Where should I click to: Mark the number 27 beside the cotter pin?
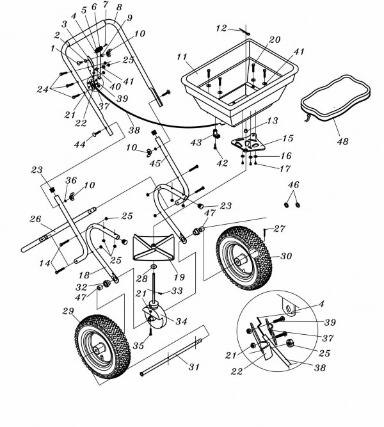(279, 227)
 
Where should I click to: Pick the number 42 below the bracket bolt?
(221, 164)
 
